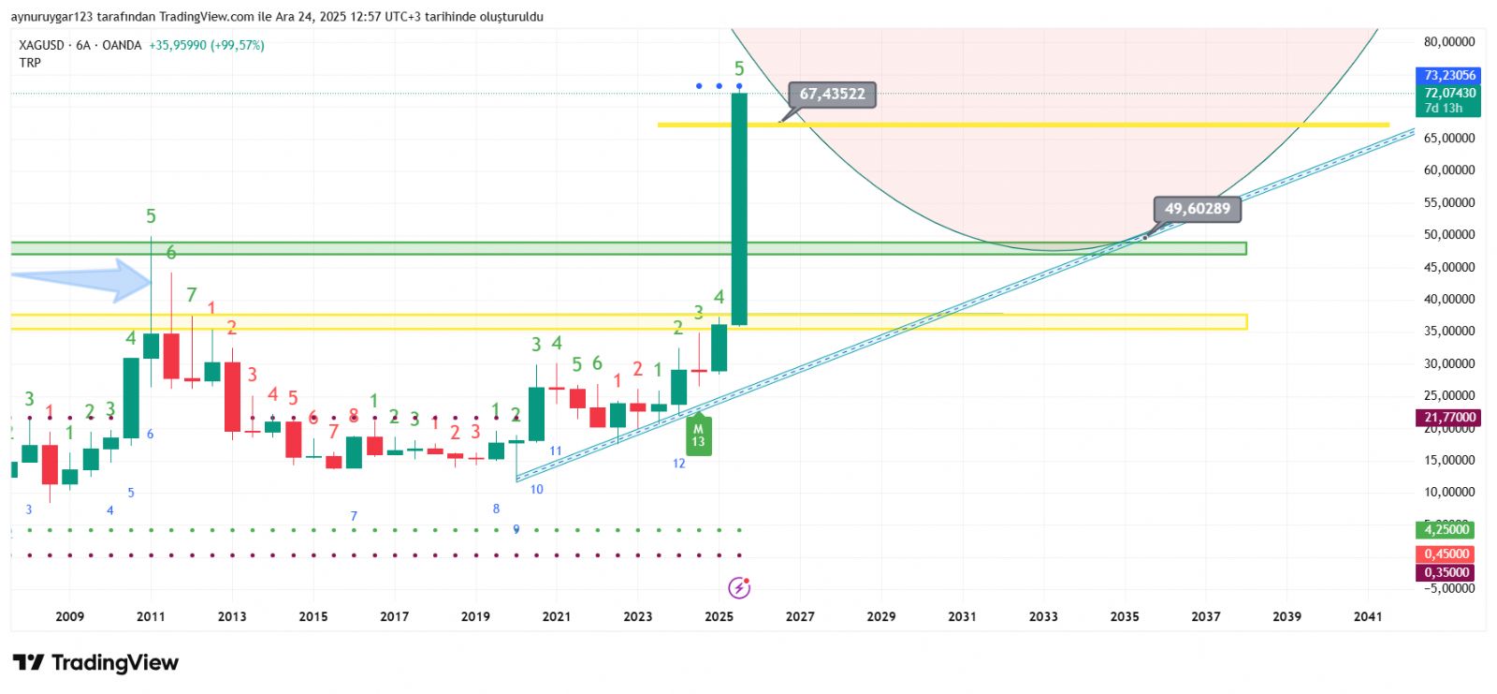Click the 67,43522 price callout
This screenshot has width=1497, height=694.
click(832, 94)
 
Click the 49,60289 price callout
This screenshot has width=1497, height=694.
click(1197, 209)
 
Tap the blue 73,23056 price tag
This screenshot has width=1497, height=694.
click(1449, 75)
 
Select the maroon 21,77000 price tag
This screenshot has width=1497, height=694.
click(1449, 418)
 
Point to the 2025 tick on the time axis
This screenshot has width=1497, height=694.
click(719, 616)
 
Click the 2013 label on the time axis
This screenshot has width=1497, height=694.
click(232, 616)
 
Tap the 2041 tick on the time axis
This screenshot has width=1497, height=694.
click(1367, 616)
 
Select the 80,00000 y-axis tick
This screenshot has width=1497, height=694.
click(1449, 42)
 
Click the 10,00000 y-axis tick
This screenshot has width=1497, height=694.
click(1449, 492)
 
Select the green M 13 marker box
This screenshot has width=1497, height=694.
click(698, 436)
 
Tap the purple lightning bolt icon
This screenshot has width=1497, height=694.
click(739, 588)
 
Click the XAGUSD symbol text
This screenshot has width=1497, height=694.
click(41, 45)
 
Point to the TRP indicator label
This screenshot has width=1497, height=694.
click(30, 63)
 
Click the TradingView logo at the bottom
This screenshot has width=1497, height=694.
click(95, 663)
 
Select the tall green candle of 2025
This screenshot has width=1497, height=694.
click(739, 208)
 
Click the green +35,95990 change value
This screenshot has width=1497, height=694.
click(178, 45)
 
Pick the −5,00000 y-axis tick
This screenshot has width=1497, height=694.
click(1449, 588)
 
